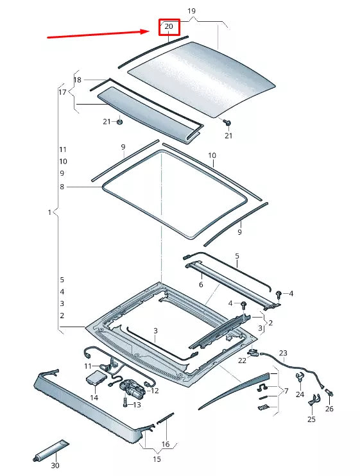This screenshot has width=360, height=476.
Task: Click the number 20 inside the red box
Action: [x=169, y=27]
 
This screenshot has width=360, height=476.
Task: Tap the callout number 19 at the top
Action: [x=191, y=12]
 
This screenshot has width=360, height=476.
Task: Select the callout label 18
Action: [x=78, y=80]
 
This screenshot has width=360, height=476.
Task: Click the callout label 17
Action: [x=63, y=92]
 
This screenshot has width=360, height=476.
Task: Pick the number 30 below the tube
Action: [x=55, y=466]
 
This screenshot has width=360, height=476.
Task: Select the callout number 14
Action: [x=94, y=398]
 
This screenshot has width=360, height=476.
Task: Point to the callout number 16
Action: [x=165, y=444]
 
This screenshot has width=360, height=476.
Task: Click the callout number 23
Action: [x=284, y=353]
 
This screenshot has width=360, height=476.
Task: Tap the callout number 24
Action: [x=300, y=395]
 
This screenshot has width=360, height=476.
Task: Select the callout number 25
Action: [x=311, y=419]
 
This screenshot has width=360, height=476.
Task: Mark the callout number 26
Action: [x=329, y=409]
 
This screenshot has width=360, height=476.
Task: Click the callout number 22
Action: [x=242, y=361]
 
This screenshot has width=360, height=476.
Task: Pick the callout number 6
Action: [x=200, y=285]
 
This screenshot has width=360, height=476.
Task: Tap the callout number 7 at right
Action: [x=286, y=390]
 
